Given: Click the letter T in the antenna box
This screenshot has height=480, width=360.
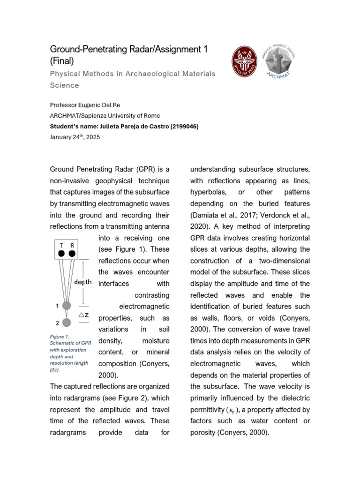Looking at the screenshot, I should point(62,245).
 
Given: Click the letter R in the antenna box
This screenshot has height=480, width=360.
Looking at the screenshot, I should point(72,245).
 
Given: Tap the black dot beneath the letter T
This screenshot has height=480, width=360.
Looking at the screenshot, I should point(61,254).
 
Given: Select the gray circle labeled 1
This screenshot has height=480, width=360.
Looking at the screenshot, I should point(67,306).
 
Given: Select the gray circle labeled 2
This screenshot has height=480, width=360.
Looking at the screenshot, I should point(67,322).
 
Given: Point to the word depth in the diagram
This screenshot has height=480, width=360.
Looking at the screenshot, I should point(83,282).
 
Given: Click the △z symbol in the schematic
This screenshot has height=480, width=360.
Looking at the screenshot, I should point(83,315).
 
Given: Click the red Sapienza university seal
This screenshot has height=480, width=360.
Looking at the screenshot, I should point(245,64).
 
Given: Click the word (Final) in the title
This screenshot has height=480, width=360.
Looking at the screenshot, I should point(62,60).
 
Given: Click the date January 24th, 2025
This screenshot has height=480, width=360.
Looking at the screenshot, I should point(75,137).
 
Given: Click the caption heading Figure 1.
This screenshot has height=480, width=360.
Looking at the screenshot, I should point(60,337).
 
